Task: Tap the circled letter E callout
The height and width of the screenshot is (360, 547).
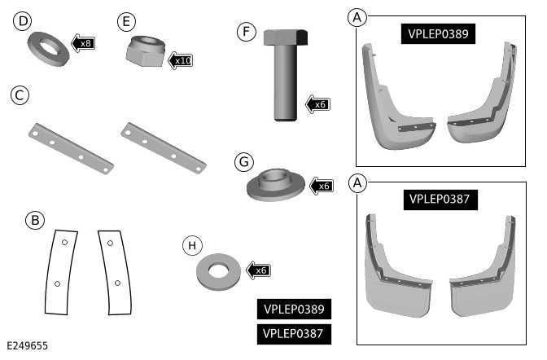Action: coord(125,20)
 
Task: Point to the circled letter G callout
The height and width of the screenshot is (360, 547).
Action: coord(243,162)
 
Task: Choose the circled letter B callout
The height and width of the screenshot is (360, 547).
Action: coord(33,221)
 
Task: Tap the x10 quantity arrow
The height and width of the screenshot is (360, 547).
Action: coord(181,60)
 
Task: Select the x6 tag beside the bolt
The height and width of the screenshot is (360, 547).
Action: coord(317,103)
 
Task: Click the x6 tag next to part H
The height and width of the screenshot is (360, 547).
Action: coord(259,270)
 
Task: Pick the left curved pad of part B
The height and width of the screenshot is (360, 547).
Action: coord(59,271)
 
